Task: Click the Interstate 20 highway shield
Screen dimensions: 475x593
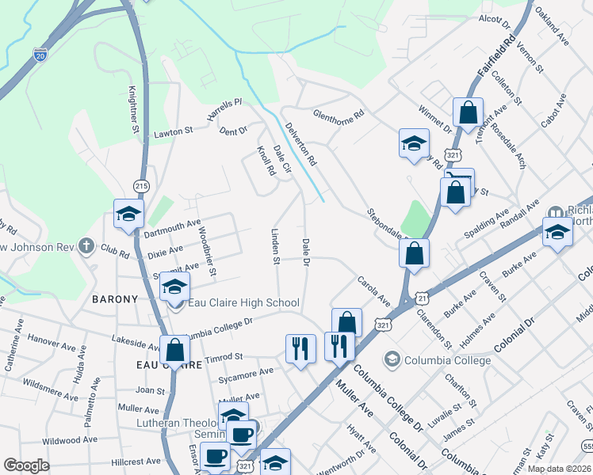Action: pyautogui.click(x=40, y=54)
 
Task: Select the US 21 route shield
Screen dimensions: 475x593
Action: pyautogui.click(x=423, y=297)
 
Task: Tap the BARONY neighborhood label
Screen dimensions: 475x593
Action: pyautogui.click(x=115, y=299)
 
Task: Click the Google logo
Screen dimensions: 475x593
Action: pyautogui.click(x=27, y=465)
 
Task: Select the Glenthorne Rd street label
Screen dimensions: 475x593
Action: pyautogui.click(x=338, y=114)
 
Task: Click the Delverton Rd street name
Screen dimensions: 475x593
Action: pyautogui.click(x=301, y=143)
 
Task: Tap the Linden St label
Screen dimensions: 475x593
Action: pyautogui.click(x=276, y=246)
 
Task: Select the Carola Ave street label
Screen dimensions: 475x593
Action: pyautogui.click(x=373, y=291)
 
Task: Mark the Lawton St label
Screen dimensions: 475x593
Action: pyautogui.click(x=174, y=131)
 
